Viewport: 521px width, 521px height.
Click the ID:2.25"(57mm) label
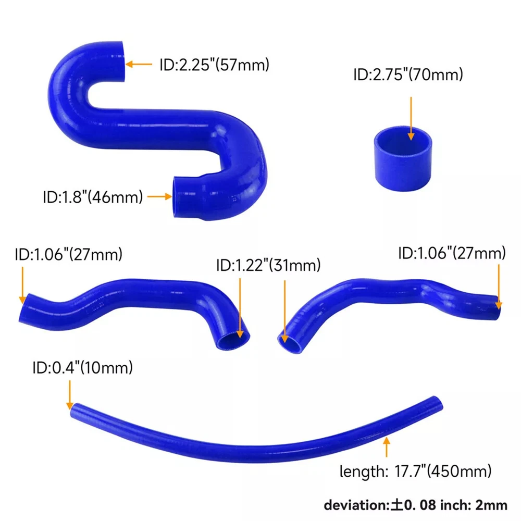pyautogui.click(x=214, y=65)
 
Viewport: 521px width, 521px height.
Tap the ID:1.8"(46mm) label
pyautogui.click(x=93, y=197)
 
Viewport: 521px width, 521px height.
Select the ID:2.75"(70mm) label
pyautogui.click(x=408, y=75)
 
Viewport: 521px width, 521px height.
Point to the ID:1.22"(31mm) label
pyautogui.click(x=268, y=265)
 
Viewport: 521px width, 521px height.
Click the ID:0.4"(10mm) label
pyautogui.click(x=83, y=368)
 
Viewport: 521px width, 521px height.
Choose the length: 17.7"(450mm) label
pyautogui.click(x=415, y=471)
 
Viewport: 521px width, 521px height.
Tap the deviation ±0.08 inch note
pyautogui.click(x=415, y=505)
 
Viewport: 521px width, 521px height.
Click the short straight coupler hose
pyautogui.click(x=403, y=158)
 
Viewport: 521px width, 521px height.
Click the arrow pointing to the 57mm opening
pyautogui.click(x=139, y=64)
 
